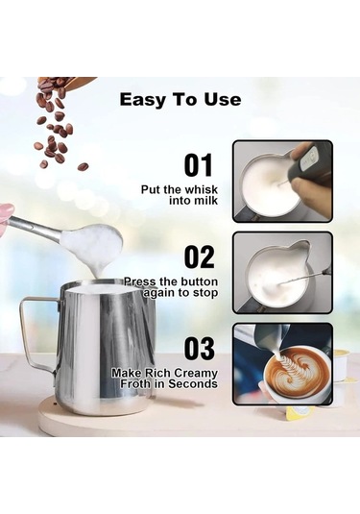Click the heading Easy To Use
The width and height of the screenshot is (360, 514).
point(180,99)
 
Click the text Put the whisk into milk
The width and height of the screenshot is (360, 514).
point(179,196)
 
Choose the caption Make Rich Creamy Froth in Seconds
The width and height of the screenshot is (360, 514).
point(164,378)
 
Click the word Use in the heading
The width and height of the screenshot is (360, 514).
point(222,99)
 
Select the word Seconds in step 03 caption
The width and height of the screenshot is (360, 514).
point(194,383)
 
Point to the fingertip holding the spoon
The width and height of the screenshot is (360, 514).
point(6,212)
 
